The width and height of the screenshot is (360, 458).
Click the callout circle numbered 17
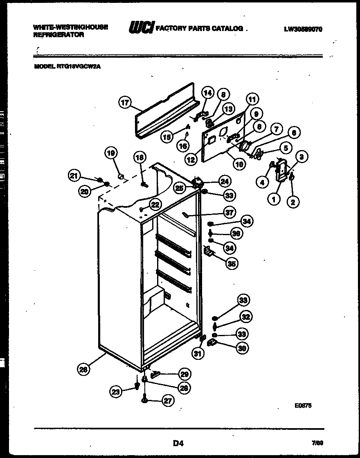[x=125, y=103]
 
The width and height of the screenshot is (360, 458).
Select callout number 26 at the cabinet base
[x=83, y=370]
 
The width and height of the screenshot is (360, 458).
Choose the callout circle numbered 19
[x=110, y=153]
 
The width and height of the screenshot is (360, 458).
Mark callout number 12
[x=190, y=161]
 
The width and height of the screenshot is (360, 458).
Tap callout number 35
[x=232, y=264]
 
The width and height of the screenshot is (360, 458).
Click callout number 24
[x=224, y=181]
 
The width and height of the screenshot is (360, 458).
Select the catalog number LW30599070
[x=302, y=29]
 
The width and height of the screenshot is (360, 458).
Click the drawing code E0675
[x=303, y=405]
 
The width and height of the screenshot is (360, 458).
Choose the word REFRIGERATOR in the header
[x=59, y=35]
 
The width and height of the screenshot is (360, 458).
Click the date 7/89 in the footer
[x=317, y=443]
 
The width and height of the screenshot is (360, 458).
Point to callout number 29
[x=184, y=374]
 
